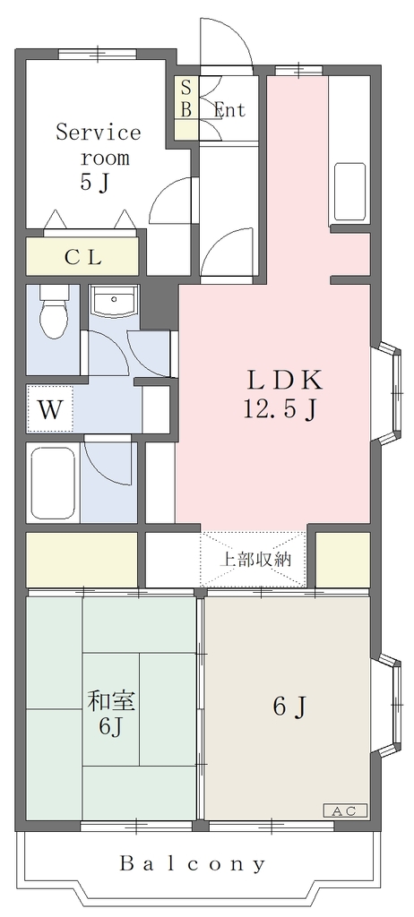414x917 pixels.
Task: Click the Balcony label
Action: click(193, 863)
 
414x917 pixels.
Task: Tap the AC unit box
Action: click(346, 811)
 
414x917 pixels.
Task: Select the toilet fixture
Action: click(52, 312)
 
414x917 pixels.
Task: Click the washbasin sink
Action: click(114, 301)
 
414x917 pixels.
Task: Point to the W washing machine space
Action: click(50, 408)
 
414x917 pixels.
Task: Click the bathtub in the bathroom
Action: click(53, 483)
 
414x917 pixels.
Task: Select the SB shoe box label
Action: click(185, 99)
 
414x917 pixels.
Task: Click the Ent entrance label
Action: click(229, 109)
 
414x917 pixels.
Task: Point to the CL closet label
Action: click(82, 257)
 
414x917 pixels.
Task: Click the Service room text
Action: click(99, 144)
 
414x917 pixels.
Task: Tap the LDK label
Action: click(285, 381)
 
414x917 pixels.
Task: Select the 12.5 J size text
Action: click(280, 410)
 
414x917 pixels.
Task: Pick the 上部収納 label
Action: click(254, 560)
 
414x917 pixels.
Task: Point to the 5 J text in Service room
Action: click(96, 183)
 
